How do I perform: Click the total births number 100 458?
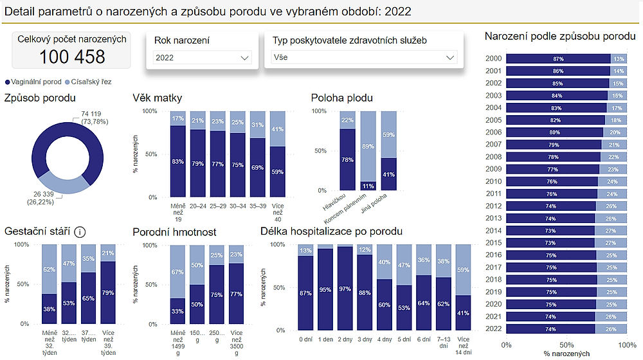click(x=72, y=57)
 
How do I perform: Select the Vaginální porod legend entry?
click(x=35, y=82)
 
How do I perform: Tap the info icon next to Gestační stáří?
click(x=80, y=231)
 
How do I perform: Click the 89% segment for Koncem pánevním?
click(x=368, y=146)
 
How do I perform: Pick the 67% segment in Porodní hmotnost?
click(x=178, y=271)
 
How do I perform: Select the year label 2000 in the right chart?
click(x=493, y=59)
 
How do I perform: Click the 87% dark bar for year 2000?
click(x=558, y=59)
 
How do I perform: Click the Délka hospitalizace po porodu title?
click(x=332, y=231)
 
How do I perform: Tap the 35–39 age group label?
click(x=257, y=206)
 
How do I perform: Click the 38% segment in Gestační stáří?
click(x=50, y=309)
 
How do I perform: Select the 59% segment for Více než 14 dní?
click(x=463, y=269)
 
